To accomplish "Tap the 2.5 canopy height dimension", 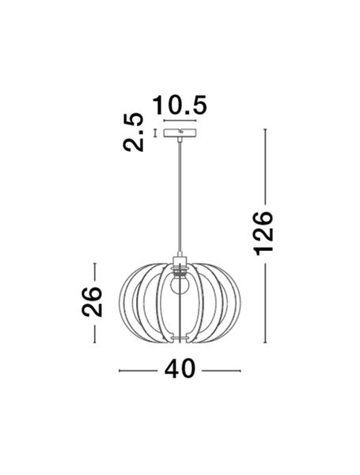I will coord(135,132).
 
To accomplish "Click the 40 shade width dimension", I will coord(180,370).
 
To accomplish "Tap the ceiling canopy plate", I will coord(181,133).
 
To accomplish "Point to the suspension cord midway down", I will coord(181,198).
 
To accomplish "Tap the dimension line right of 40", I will coord(222,370).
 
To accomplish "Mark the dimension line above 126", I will coord(264,165).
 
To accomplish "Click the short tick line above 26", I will coord(95,271).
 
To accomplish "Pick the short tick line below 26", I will coord(95,332).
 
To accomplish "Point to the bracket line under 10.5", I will coord(181,122).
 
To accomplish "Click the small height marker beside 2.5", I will coord(155,132).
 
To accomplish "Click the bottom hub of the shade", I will coord(181,341).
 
